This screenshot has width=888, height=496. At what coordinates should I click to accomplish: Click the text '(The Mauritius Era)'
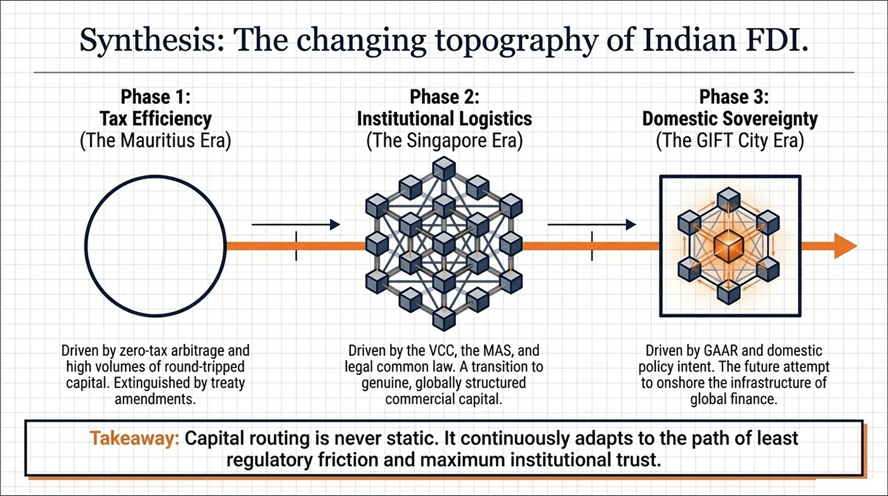(155, 140)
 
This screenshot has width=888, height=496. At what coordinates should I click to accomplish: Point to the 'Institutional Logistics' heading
(444, 119)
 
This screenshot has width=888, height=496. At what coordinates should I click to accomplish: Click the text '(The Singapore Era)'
(444, 140)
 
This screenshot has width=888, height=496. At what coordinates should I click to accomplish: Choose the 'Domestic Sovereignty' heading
(730, 119)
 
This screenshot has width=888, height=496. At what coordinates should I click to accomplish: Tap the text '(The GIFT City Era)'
(730, 140)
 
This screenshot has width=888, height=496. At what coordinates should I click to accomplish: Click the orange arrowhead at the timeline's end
(846, 246)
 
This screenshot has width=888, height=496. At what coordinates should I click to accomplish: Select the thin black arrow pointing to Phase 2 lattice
(295, 224)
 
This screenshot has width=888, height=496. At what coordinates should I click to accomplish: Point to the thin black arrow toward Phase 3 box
(591, 224)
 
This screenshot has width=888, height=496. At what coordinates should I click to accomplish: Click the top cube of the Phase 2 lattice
(444, 168)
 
